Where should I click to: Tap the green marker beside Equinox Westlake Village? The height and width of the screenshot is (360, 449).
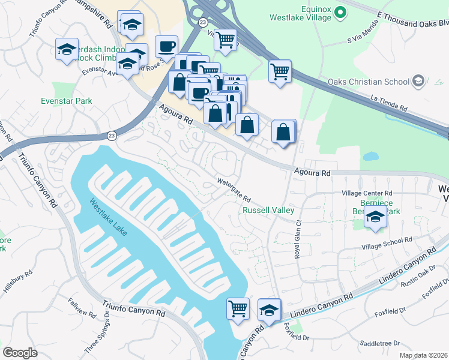pos(340,11)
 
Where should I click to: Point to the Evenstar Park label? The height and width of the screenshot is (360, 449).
pos(67,101)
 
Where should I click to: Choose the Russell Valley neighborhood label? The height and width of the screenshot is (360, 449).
pos(268,211)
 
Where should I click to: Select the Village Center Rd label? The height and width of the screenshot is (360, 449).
pos(366,194)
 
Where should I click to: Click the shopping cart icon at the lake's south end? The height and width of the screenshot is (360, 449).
pos(238,308)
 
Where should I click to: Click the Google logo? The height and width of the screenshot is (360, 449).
pos(20,353)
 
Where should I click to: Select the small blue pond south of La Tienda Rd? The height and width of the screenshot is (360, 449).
pos(370,156)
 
